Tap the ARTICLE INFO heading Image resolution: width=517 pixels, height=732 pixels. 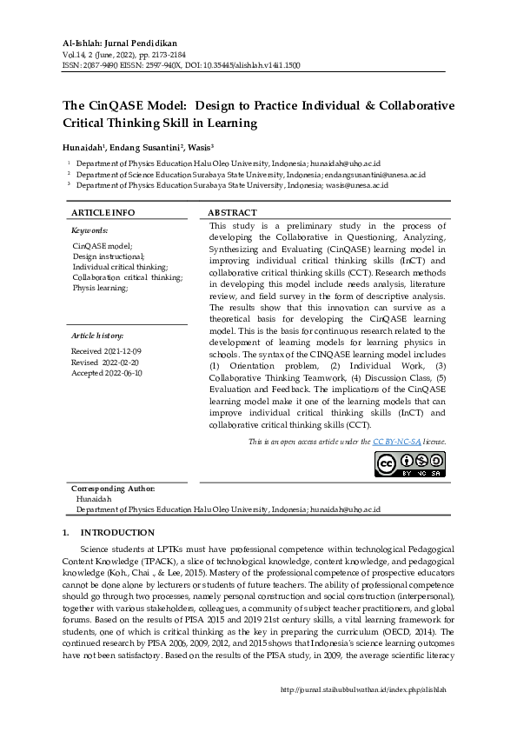click(103, 213)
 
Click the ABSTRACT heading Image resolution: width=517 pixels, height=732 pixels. click(233, 213)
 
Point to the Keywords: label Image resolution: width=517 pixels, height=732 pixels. click(89, 230)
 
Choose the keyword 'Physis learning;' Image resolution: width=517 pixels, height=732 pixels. click(100, 288)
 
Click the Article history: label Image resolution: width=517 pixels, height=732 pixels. click(97, 335)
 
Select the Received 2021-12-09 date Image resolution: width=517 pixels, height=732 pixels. click(104, 350)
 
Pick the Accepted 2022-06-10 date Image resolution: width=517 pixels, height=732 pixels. click(106, 373)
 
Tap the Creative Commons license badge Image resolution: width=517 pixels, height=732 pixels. click(410, 466)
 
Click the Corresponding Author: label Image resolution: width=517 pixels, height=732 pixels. click(113, 489)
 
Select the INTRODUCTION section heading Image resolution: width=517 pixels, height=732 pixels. click(117, 533)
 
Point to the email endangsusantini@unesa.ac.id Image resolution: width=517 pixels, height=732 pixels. click(376, 174)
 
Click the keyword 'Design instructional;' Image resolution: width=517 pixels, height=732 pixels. click(109, 257)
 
